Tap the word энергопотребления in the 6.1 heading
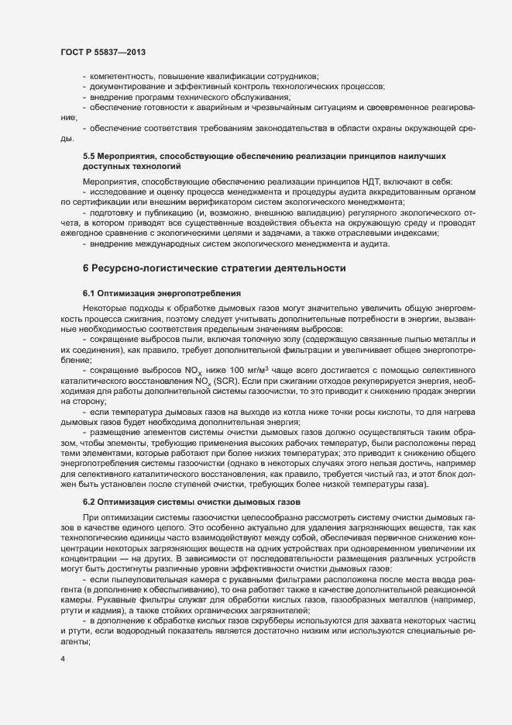click(x=199, y=293)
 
